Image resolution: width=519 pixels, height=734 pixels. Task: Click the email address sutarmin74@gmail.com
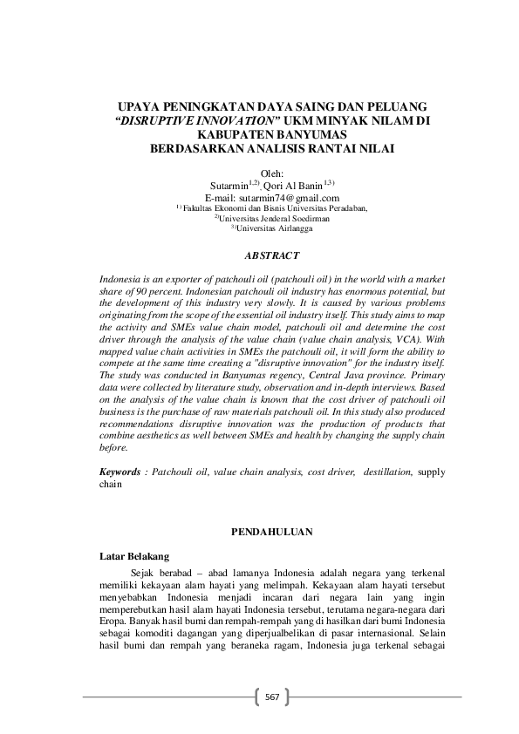272,198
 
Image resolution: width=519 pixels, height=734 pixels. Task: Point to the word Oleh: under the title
273,173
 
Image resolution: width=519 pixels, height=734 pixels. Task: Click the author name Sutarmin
229,186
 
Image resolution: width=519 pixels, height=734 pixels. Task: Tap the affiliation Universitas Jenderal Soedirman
277,219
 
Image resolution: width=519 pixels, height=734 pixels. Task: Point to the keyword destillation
384,472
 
